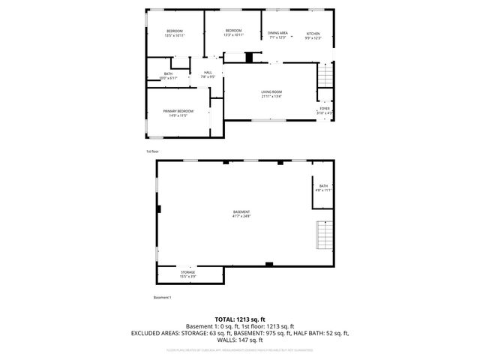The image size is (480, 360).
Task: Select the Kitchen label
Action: [313, 33]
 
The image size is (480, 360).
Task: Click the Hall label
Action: [208, 72]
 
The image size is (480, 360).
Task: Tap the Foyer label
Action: [325, 108]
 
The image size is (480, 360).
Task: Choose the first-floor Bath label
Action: [168, 73]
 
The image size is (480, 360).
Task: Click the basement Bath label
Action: [323, 186]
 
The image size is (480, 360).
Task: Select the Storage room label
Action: [187, 272]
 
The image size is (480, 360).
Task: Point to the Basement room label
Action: [241, 212]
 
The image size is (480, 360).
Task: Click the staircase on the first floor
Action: [324, 76]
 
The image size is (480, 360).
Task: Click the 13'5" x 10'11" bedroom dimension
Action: [175, 35]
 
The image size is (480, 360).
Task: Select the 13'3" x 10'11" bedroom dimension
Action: [233, 35]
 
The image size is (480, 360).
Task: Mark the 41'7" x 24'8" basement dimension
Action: [241, 217]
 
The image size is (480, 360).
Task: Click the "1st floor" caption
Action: [152, 151]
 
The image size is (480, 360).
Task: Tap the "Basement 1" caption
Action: [163, 298]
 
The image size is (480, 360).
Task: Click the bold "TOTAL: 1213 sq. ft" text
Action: [240, 319]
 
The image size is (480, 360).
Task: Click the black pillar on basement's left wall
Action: [158, 209]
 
